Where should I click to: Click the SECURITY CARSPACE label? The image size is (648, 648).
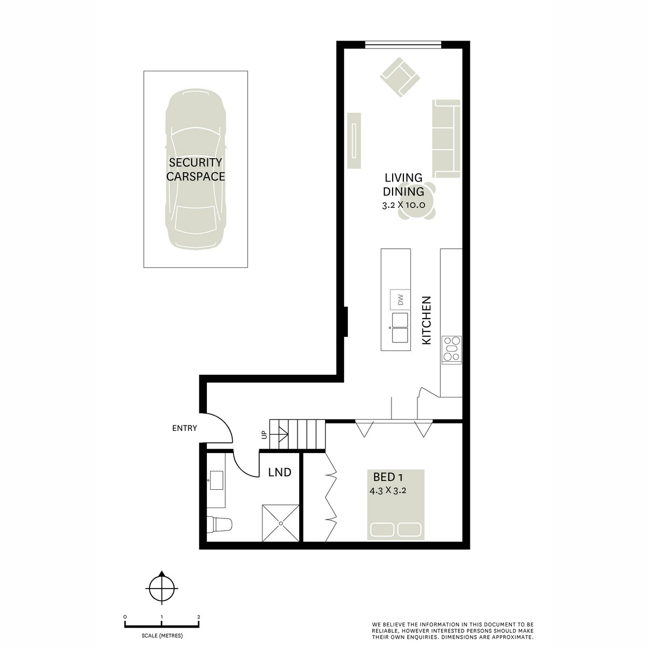click(x=195, y=170)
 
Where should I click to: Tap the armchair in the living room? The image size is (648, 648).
click(x=400, y=77)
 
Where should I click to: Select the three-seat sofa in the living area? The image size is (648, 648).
click(x=446, y=139)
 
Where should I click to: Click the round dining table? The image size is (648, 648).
click(x=417, y=201)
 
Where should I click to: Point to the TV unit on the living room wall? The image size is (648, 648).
click(x=354, y=140)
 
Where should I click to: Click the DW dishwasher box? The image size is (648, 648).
click(x=400, y=299)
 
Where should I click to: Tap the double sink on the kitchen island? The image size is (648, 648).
click(x=400, y=328)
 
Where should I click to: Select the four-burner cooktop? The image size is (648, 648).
click(x=451, y=350)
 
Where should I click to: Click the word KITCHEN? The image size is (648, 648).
click(x=426, y=320)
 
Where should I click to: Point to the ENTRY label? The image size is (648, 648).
click(x=184, y=428)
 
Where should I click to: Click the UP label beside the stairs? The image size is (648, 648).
click(x=264, y=435)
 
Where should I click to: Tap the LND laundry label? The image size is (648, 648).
click(x=279, y=473)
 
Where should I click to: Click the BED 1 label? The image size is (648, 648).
click(x=388, y=477)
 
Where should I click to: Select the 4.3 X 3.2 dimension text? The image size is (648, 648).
click(x=388, y=491)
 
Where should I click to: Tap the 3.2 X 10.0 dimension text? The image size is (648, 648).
click(x=403, y=205)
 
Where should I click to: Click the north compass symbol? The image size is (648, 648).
click(x=162, y=589)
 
